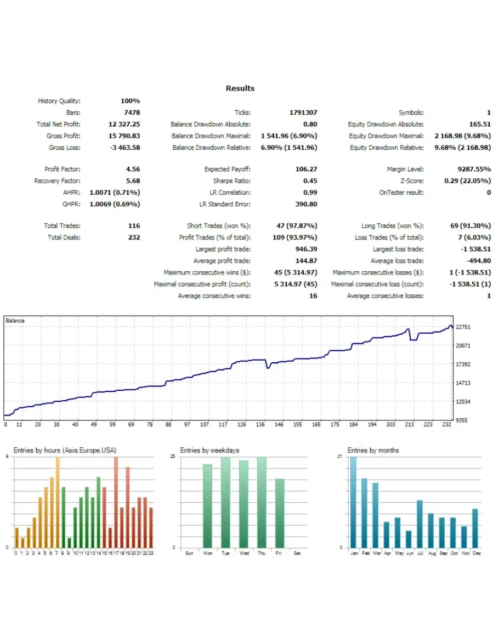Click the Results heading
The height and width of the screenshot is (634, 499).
[x=240, y=88]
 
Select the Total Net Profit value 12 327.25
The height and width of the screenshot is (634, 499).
[x=124, y=125]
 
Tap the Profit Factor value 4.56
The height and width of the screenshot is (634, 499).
[x=133, y=170]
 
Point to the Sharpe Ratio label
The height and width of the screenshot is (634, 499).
[x=231, y=181]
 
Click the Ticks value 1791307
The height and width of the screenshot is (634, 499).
[x=303, y=113]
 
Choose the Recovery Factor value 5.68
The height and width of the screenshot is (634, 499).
[x=133, y=181]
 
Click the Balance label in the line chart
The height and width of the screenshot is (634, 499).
[x=15, y=321]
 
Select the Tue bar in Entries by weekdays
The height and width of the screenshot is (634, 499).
[x=225, y=502]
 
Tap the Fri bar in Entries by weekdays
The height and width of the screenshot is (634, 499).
[x=280, y=513]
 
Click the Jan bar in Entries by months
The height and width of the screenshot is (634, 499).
[x=353, y=502]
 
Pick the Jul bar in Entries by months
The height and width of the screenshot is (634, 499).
[x=420, y=524]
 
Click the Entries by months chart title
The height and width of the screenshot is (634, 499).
[x=373, y=451]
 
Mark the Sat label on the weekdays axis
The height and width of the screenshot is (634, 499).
[x=297, y=553]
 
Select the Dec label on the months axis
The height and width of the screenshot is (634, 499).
[x=477, y=553]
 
